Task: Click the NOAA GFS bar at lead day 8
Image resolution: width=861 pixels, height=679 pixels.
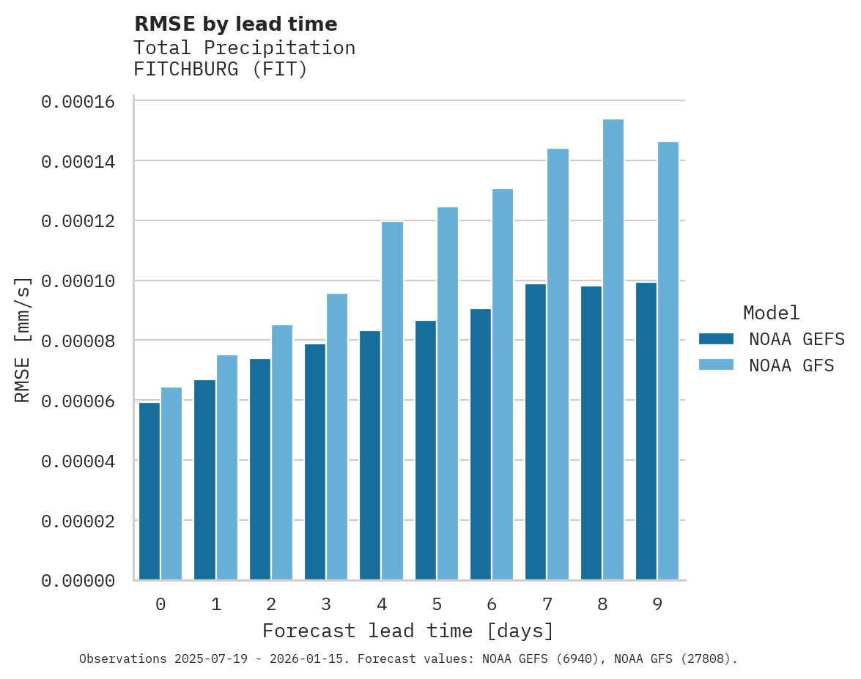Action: click(613, 349)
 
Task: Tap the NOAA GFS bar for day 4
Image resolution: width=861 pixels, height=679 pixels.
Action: click(392, 401)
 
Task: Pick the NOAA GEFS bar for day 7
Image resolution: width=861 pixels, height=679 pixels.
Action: click(536, 431)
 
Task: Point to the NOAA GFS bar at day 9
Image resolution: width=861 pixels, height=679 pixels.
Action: click(668, 361)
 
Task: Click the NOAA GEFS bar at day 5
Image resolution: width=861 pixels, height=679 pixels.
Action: click(425, 450)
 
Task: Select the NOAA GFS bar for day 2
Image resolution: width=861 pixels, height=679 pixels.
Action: click(282, 452)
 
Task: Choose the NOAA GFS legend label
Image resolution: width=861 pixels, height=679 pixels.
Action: click(791, 365)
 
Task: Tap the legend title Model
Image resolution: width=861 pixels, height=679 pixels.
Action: click(771, 313)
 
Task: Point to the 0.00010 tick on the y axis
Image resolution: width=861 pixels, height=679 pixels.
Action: click(78, 281)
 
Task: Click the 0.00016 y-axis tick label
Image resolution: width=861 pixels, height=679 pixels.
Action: click(78, 102)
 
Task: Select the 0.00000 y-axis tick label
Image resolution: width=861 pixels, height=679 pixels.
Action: click(78, 581)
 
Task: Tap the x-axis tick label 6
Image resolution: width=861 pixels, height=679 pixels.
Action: click(492, 604)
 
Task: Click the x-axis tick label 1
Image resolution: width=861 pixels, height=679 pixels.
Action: click(216, 604)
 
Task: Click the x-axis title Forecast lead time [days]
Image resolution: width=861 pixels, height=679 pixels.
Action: click(408, 631)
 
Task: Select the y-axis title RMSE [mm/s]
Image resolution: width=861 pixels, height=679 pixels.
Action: click(23, 340)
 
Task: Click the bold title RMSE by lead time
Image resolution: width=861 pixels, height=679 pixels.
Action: click(235, 24)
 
